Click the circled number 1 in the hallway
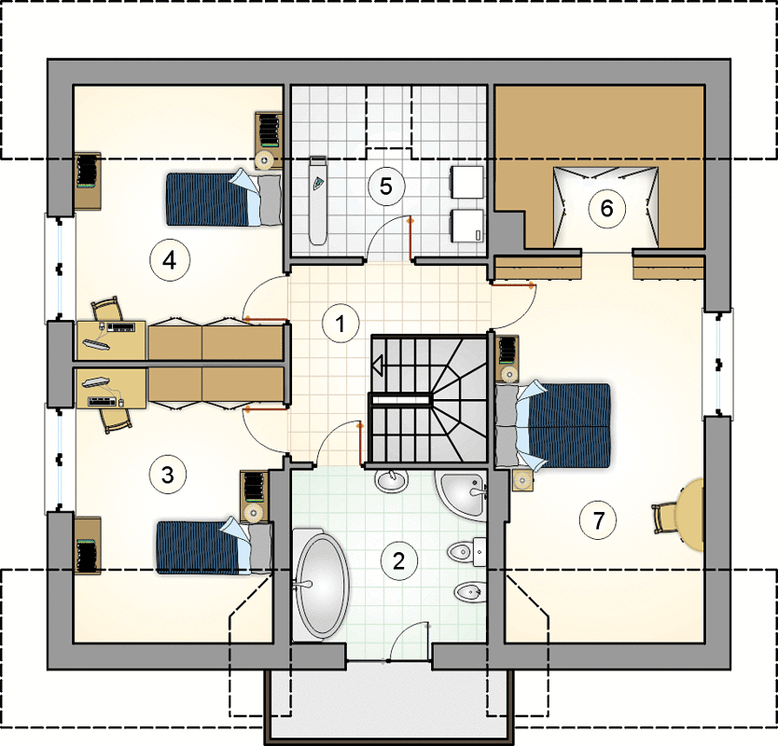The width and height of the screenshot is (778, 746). click(x=340, y=324)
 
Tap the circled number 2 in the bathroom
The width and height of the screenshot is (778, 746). click(x=399, y=561)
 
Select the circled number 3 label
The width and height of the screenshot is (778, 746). click(x=168, y=475)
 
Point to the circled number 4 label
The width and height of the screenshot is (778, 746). click(x=170, y=260)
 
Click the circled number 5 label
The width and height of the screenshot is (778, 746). click(x=386, y=186)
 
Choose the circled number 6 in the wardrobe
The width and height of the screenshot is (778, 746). click(x=606, y=208)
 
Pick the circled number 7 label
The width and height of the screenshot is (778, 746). click(x=598, y=520)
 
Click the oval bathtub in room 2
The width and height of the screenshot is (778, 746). click(x=322, y=586)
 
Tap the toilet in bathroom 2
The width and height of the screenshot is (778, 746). click(x=467, y=550)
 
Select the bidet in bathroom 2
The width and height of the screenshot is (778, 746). click(x=469, y=592)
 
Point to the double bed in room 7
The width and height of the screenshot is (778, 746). click(x=553, y=425)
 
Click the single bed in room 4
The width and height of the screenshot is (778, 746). click(x=223, y=199)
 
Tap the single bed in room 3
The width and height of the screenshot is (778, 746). click(x=215, y=547)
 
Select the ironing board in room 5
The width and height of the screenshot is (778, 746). click(x=318, y=200)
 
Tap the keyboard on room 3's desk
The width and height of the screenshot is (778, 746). click(x=104, y=401)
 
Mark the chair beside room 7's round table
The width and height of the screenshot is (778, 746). click(x=667, y=518)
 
